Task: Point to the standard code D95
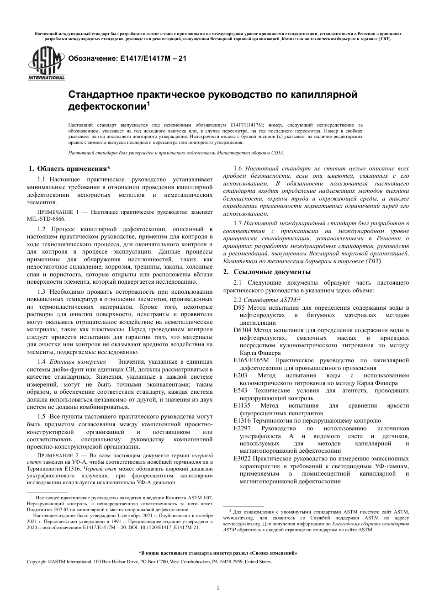click(239, 308)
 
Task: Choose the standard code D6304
click(243, 330)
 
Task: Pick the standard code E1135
click(243, 406)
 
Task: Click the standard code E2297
click(243, 428)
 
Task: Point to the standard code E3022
click(243, 458)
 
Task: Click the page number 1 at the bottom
click(218, 588)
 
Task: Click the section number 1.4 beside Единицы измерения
click(42, 361)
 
